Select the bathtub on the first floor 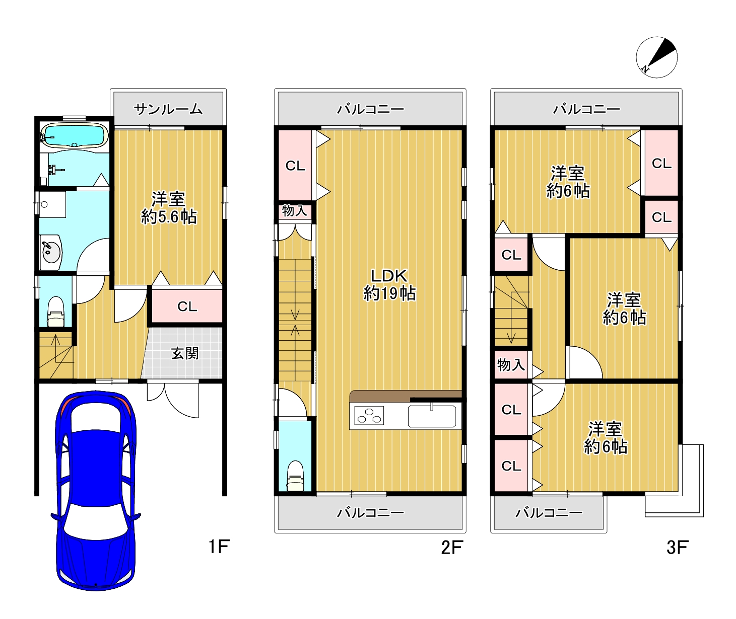click(74, 135)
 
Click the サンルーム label click(168, 110)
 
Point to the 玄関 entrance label click(185, 353)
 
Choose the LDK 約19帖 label click(389, 284)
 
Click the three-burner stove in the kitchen click(369, 416)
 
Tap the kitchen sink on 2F click(431, 416)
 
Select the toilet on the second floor click(295, 476)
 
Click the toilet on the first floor click(55, 311)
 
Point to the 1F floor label click(219, 547)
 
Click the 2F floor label click(451, 548)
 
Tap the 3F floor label click(677, 548)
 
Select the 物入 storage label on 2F click(294, 210)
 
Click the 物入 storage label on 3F click(511, 365)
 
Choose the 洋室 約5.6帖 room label click(168, 208)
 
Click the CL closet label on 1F click(187, 306)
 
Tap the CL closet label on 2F click(295, 166)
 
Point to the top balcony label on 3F click(586, 110)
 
